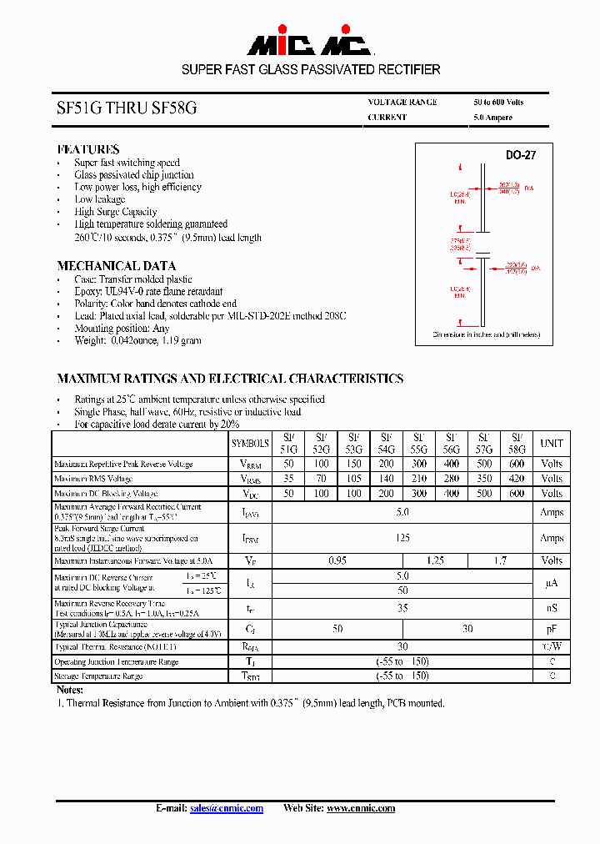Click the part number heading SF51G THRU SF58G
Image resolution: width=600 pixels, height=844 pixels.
coord(127,108)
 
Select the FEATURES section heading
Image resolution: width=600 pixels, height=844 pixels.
coord(88,149)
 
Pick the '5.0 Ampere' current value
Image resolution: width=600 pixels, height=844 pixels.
coord(492,118)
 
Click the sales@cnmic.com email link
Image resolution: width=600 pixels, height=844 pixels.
coord(226,808)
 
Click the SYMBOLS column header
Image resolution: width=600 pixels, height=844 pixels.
coord(250,444)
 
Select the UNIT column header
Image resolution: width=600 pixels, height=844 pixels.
coord(552,444)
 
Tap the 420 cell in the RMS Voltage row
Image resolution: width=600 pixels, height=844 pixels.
coord(517,479)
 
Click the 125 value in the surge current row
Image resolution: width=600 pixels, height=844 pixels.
coord(402,538)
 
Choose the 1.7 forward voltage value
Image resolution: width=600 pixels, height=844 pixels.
coord(500,561)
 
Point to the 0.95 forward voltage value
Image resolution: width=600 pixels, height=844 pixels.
coord(337,561)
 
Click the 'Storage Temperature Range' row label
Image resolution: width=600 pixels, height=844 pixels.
coord(98,676)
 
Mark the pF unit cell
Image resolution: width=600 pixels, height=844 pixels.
coord(552,629)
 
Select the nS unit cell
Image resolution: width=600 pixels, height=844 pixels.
coord(552,609)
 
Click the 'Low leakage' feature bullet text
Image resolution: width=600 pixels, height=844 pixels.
coord(100,199)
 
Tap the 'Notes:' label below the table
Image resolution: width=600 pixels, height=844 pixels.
coord(70,690)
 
